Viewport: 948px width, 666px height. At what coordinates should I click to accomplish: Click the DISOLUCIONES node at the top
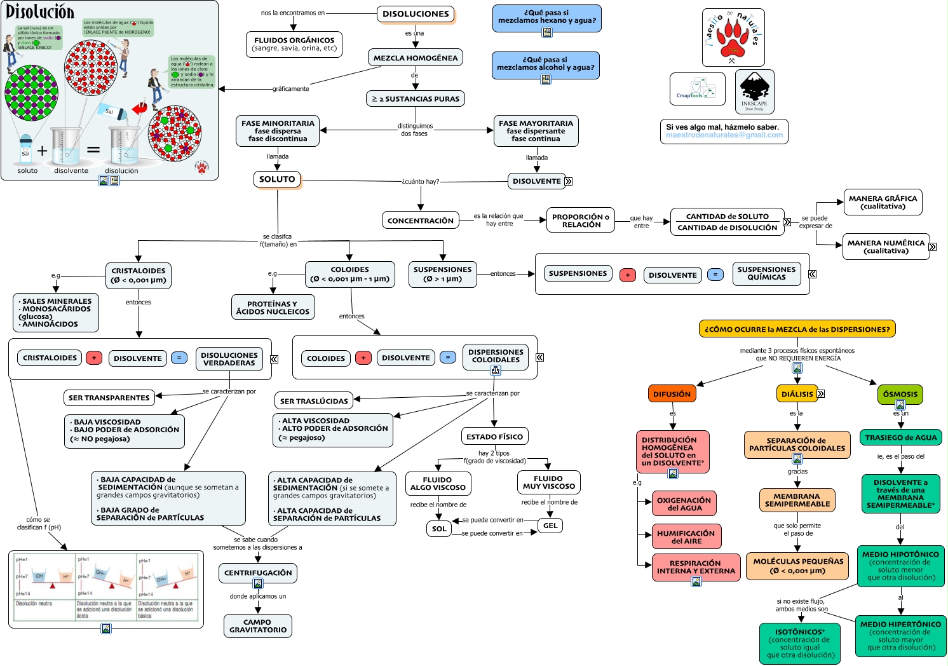click(416, 14)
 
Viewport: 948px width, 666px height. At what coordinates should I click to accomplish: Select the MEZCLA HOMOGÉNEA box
click(416, 58)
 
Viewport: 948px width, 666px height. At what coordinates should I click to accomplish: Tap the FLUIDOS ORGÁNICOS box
click(294, 44)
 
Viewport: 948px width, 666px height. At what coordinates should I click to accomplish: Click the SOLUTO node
click(277, 179)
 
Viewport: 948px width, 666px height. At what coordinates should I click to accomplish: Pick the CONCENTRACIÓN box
click(421, 221)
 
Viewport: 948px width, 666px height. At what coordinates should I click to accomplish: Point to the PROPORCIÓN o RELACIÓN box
click(581, 221)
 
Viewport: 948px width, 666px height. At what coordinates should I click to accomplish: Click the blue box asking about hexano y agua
click(546, 17)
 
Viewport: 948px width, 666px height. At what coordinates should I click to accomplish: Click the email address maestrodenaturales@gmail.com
click(724, 135)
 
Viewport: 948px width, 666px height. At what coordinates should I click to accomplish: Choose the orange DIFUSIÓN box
click(672, 394)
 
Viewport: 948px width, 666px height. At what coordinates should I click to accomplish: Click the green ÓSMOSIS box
click(900, 394)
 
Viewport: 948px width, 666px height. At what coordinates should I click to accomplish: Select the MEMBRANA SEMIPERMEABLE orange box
click(797, 500)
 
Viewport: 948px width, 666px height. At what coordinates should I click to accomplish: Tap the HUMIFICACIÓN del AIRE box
click(686, 537)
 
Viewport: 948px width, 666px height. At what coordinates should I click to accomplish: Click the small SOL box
click(439, 529)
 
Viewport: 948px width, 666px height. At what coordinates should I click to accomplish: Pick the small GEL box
click(550, 526)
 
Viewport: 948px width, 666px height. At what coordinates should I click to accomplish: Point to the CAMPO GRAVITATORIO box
click(258, 626)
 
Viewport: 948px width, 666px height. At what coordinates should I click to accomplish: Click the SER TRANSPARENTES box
click(109, 398)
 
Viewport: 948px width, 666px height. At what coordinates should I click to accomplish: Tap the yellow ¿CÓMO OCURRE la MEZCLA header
click(797, 329)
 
